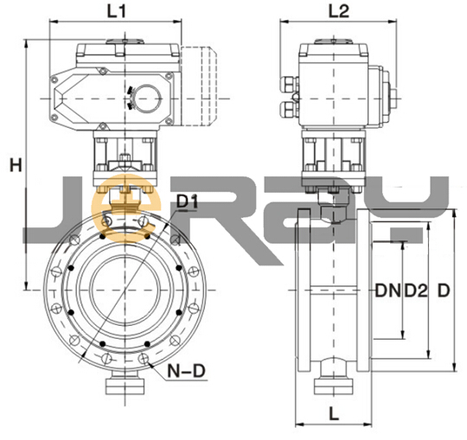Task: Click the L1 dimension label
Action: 117,11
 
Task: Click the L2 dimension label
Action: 339,11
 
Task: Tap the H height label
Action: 16,165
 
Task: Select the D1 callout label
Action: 187,201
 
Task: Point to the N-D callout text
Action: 187,371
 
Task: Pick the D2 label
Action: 416,290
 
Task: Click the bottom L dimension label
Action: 334,414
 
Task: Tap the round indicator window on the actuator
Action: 147,99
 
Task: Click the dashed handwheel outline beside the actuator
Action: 199,86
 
